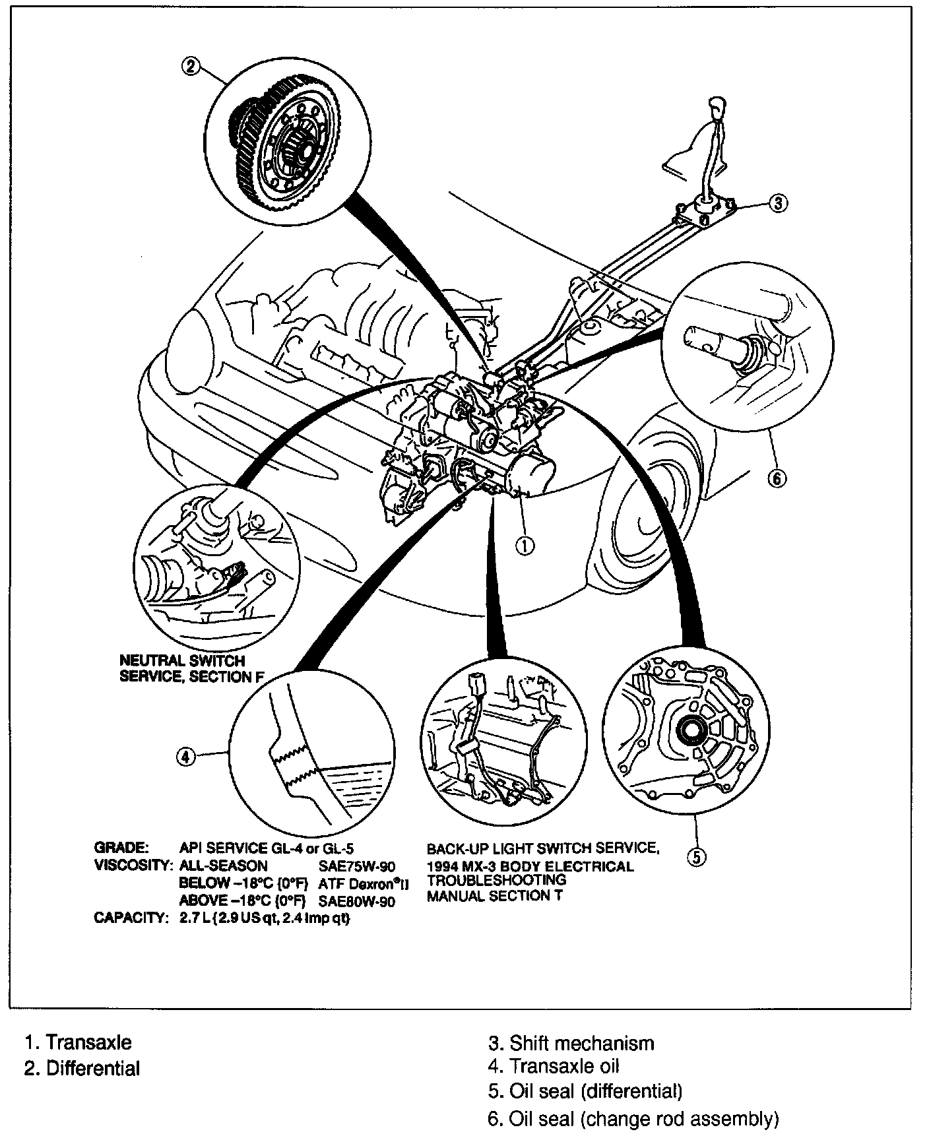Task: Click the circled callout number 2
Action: point(191,67)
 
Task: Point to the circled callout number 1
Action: point(525,545)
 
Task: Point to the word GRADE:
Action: point(122,848)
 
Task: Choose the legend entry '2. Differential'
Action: point(82,1068)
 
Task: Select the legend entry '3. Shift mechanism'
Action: point(571,1043)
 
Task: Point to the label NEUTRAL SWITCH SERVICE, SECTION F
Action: point(183,668)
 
